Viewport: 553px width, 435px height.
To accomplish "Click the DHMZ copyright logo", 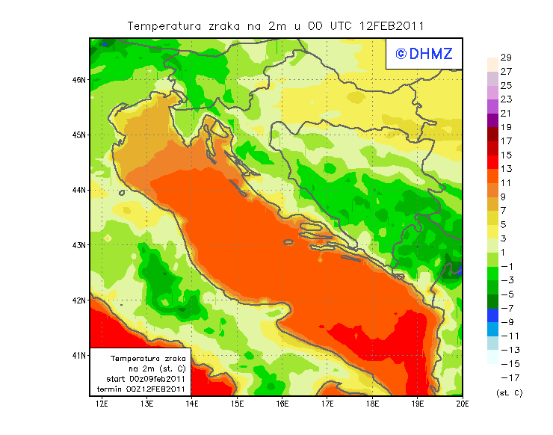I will [x=424, y=54].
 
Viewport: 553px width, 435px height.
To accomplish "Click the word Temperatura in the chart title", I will [x=164, y=25].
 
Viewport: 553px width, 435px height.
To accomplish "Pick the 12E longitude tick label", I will [x=102, y=404].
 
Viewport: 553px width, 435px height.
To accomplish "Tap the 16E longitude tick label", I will [x=282, y=404].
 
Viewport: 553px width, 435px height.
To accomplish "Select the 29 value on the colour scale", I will [x=506, y=58].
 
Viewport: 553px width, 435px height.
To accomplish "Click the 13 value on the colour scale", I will [x=506, y=169].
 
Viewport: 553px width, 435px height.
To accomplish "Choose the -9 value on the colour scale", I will [x=507, y=322].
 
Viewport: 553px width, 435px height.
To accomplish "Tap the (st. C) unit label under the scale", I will [x=509, y=392].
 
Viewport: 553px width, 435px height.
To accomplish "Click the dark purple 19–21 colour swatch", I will [x=492, y=120].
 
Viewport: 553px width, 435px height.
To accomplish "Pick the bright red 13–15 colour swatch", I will [x=492, y=161].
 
